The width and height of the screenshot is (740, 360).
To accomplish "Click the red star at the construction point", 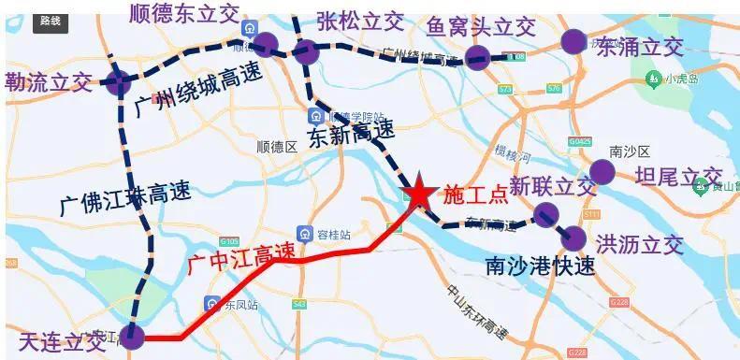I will tap(417, 193).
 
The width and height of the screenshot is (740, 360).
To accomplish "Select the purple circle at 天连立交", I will tap(133, 337).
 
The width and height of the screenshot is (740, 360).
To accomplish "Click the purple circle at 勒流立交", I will tap(119, 81).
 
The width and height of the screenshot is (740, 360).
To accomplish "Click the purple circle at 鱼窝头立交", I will tap(477, 56).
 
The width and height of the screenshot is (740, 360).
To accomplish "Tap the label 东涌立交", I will tap(640, 45).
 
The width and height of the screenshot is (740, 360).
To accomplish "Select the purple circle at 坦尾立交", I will tap(602, 172).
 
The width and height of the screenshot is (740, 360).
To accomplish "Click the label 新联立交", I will tap(552, 187).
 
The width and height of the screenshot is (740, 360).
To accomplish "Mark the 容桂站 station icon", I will tap(304, 233).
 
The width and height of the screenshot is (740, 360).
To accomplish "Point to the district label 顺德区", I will tap(276, 147).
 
